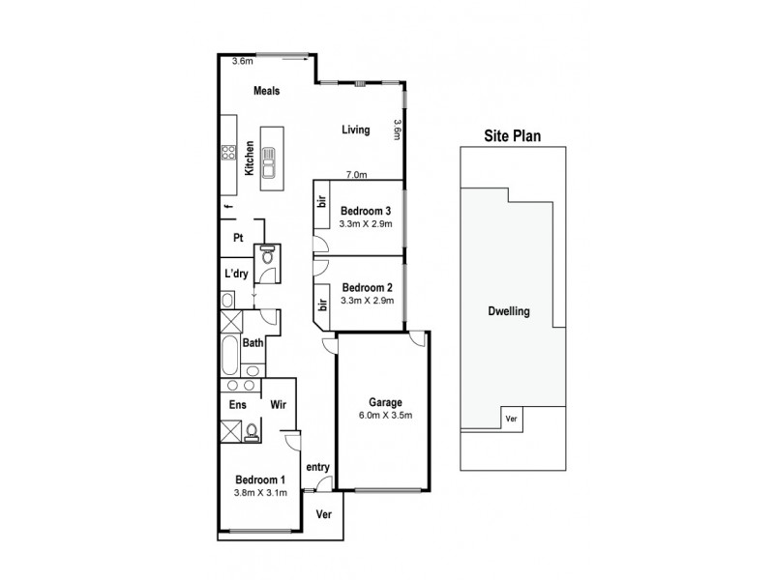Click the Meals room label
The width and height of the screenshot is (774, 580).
pyautogui.click(x=266, y=91)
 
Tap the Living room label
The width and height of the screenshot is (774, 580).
pyautogui.click(x=355, y=130)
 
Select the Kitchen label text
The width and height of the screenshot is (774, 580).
pyautogui.click(x=250, y=157)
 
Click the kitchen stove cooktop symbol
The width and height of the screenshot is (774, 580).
pyautogui.click(x=230, y=152)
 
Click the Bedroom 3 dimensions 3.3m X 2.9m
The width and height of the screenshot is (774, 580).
pyautogui.click(x=366, y=223)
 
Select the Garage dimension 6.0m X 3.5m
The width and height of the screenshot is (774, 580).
pyautogui.click(x=384, y=417)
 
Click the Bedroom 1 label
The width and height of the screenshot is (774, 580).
pyautogui.click(x=260, y=479)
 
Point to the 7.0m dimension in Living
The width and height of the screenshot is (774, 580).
pyautogui.click(x=357, y=175)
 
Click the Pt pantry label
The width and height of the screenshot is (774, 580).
pyautogui.click(x=237, y=238)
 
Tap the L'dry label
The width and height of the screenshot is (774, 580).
pyautogui.click(x=236, y=273)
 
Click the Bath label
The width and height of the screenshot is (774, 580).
pyautogui.click(x=253, y=343)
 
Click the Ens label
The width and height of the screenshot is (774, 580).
pyautogui.click(x=236, y=406)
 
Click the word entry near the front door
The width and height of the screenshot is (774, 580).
pyautogui.click(x=318, y=467)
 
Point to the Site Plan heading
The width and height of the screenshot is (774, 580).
pyautogui.click(x=513, y=136)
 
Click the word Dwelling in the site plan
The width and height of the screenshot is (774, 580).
pyautogui.click(x=512, y=313)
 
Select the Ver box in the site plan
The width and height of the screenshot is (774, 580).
pyautogui.click(x=513, y=420)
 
